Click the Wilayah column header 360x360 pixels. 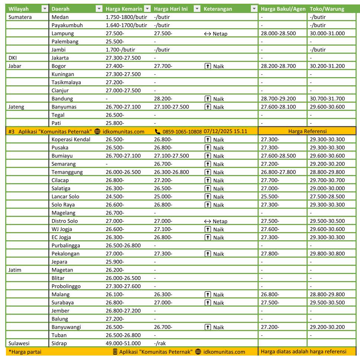(19, 9)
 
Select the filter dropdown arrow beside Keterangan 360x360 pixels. (254, 9)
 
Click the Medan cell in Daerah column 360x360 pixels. (60, 17)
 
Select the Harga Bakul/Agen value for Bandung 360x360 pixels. (278, 99)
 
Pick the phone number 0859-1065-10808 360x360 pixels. (182, 131)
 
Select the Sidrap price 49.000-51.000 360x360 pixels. (123, 343)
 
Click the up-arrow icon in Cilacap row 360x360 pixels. (208, 181)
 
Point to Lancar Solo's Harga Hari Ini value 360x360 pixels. (163, 196)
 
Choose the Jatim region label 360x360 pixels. (15, 270)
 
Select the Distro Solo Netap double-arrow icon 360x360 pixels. (207, 221)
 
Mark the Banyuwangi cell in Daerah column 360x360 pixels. (66, 327)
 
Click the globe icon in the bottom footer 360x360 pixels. (198, 352)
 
